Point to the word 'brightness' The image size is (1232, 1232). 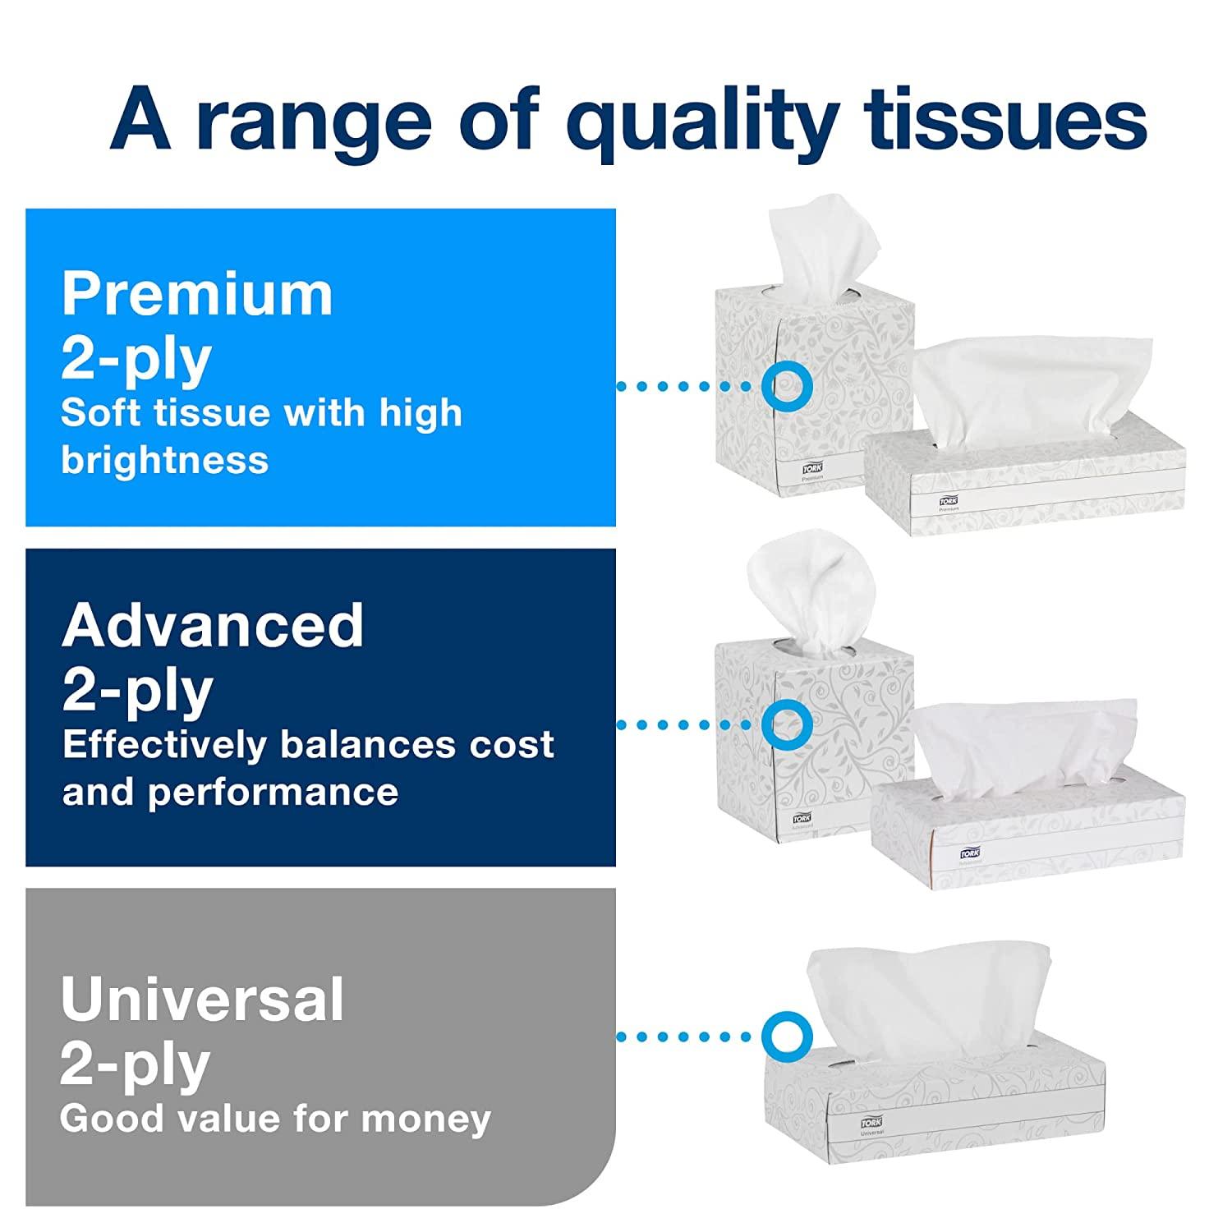point(164,460)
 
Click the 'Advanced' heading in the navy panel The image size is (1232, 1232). point(213,625)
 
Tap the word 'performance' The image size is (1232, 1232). point(273,793)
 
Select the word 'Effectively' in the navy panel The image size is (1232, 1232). point(164,744)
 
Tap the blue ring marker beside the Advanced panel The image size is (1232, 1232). point(787,724)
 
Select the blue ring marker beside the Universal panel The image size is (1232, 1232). point(787,1036)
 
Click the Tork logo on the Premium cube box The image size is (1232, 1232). point(811,468)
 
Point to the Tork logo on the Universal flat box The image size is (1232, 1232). point(871,1122)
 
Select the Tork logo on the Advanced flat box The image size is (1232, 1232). point(969,854)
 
